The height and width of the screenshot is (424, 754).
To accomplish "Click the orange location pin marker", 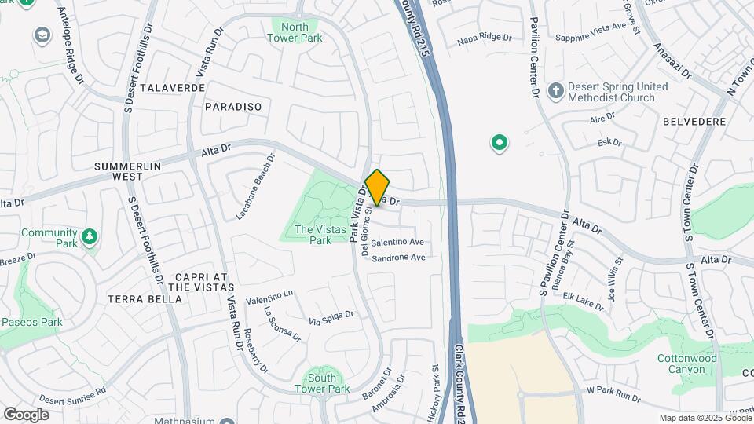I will [x=377, y=187].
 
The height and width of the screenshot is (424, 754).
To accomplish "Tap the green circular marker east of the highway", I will [x=499, y=143].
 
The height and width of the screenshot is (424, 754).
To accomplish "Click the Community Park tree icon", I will [x=90, y=236].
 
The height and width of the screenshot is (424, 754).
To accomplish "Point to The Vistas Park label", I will [x=313, y=236].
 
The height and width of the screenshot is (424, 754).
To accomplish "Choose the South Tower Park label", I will [x=322, y=383].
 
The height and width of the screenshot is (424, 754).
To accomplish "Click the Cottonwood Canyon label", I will [x=686, y=364].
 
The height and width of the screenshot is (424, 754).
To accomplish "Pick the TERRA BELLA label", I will [x=135, y=299].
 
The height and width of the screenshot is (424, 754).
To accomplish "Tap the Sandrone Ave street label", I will [x=398, y=258].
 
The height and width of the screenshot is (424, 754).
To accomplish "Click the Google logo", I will [x=26, y=414].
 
